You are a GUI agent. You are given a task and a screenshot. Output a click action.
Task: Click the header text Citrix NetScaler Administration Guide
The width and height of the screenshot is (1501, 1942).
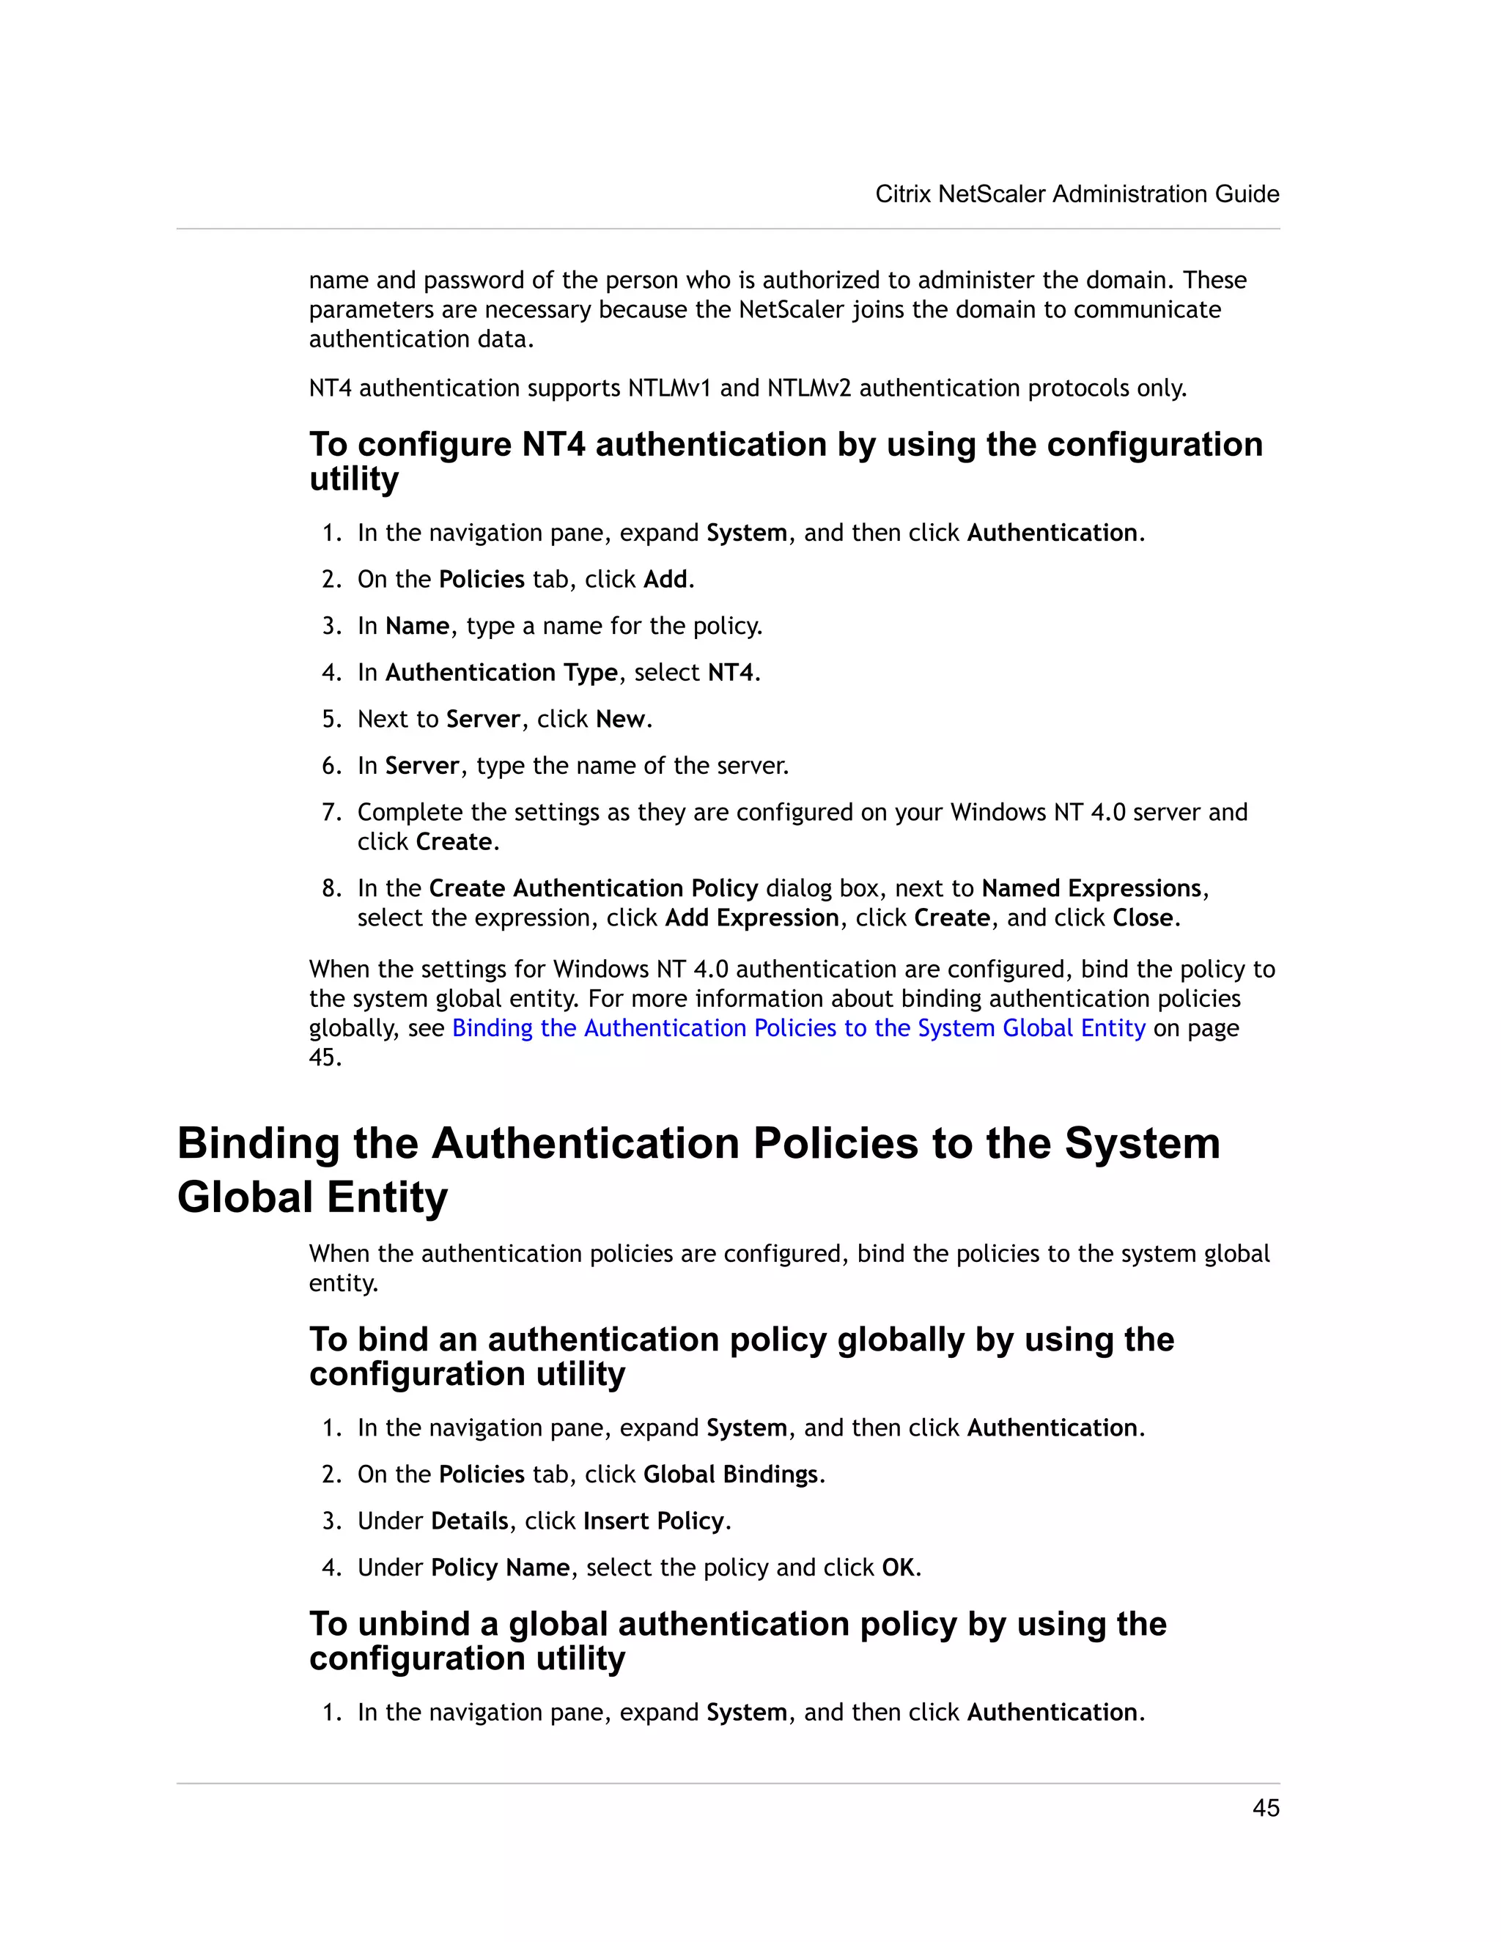pyautogui.click(x=1077, y=194)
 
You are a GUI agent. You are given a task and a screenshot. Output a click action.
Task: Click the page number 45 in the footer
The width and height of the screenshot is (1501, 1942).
pyautogui.click(x=1265, y=1808)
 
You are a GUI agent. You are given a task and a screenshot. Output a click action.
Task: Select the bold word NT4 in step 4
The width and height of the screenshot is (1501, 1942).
pyautogui.click(x=730, y=673)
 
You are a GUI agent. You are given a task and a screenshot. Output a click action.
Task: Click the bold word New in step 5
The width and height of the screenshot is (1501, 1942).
pyautogui.click(x=620, y=720)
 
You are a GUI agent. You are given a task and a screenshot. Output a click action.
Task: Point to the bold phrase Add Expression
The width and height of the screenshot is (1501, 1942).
pyautogui.click(x=751, y=918)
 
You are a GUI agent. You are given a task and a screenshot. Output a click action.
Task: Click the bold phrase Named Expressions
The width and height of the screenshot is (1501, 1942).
pyautogui.click(x=1091, y=888)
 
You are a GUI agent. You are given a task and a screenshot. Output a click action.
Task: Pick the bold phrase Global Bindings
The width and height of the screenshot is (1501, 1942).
pyautogui.click(x=730, y=1474)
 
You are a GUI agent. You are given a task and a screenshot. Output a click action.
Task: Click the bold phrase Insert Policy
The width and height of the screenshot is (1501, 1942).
pyautogui.click(x=654, y=1521)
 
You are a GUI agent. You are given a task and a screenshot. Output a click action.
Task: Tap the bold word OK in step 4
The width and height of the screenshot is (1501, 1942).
pyautogui.click(x=897, y=1568)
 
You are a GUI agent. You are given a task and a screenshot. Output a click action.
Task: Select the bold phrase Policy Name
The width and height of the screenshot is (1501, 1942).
pyautogui.click(x=500, y=1568)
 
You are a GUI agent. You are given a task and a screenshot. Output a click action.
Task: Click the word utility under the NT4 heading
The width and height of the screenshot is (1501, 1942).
pyautogui.click(x=354, y=479)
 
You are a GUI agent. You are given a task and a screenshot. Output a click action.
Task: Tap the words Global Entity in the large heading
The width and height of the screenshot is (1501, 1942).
pyautogui.click(x=312, y=1197)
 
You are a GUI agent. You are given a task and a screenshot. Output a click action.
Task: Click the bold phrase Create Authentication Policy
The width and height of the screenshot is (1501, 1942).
pyautogui.click(x=593, y=888)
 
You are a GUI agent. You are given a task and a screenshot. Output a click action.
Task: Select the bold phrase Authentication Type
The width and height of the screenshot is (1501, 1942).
pyautogui.click(x=501, y=673)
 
